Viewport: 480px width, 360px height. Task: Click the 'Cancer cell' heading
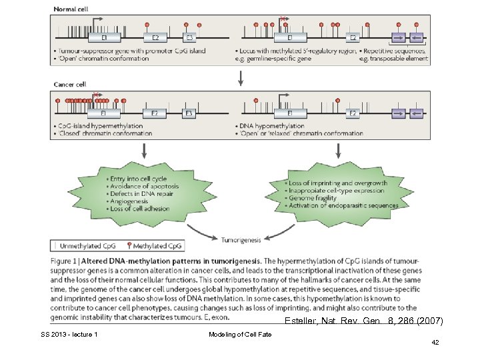click(x=70, y=85)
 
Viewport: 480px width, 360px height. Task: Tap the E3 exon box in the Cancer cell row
click(x=189, y=113)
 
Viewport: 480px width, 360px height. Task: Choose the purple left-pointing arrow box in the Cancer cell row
click(x=417, y=113)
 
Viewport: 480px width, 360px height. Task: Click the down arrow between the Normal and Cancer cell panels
click(x=241, y=77)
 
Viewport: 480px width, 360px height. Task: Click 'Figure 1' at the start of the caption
click(x=69, y=261)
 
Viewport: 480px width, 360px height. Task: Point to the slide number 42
click(x=435, y=341)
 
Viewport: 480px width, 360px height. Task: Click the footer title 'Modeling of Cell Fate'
click(x=239, y=334)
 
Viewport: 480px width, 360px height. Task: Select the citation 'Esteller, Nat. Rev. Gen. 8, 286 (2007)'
click(x=363, y=321)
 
